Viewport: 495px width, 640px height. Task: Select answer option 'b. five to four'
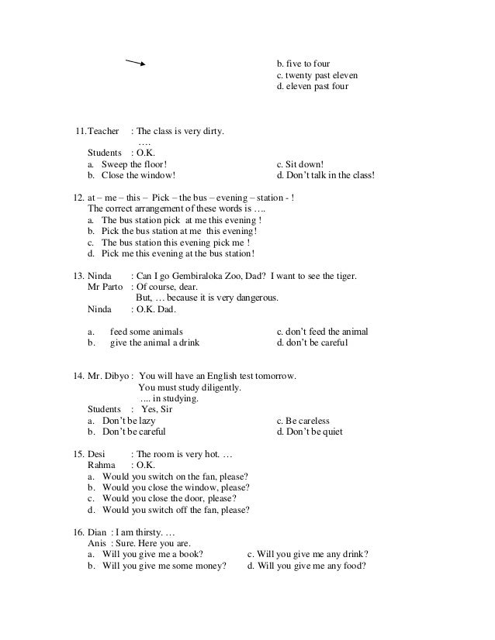pos(309,63)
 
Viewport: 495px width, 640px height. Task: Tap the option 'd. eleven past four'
pos(313,87)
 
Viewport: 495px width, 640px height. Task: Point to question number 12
pos(78,198)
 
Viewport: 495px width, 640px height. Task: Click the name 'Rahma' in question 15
pos(102,466)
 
